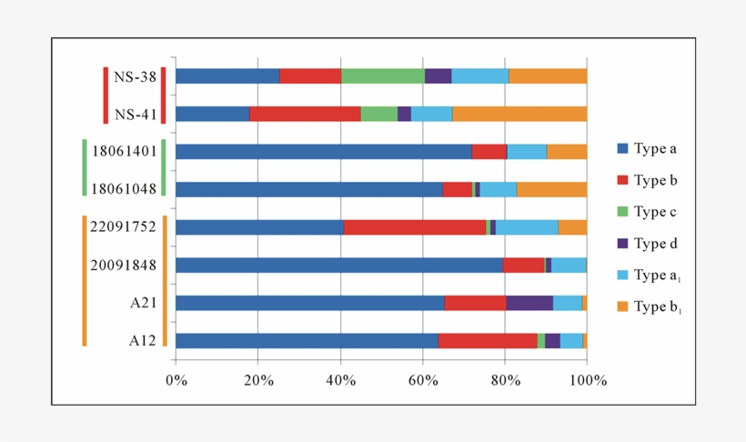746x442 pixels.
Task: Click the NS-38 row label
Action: pos(134,76)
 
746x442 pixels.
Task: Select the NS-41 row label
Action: pos(134,115)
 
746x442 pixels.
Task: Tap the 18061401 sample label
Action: pos(124,152)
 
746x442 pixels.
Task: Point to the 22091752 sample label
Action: pos(124,227)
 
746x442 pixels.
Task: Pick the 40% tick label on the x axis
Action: pos(340,380)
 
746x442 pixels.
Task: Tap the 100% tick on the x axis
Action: pos(587,380)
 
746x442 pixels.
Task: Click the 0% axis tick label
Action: pos(176,380)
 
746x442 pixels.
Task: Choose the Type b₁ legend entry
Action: pos(658,306)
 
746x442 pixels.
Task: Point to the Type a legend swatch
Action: pos(622,148)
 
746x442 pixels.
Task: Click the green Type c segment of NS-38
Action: pos(382,76)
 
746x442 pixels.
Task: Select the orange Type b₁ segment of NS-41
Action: pos(519,114)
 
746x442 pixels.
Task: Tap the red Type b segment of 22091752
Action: pos(415,227)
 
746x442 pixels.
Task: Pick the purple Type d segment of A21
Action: pos(529,303)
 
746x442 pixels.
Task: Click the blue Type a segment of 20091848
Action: pos(338,265)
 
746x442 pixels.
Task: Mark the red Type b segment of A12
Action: pos(488,340)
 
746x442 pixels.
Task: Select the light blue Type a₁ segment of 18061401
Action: pos(527,152)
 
